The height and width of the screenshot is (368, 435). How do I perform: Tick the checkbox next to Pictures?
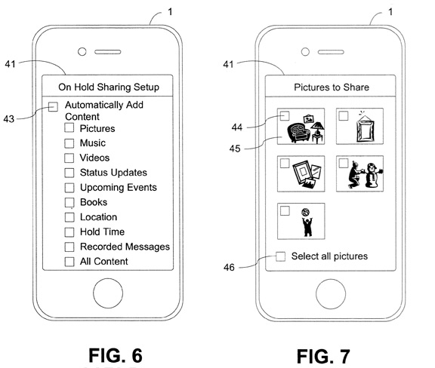point(69,127)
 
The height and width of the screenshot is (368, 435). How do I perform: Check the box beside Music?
point(69,143)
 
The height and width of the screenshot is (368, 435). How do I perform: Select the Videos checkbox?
point(69,158)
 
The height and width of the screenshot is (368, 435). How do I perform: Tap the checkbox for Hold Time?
point(69,232)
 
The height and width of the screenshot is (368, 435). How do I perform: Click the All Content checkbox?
point(69,262)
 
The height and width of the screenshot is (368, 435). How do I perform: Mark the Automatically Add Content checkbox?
point(53,106)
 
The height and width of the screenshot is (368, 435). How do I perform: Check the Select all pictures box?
point(280,256)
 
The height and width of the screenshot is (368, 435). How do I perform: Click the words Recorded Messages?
point(125,247)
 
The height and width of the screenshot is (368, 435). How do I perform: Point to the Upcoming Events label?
point(119,188)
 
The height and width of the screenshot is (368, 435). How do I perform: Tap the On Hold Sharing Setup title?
point(109,87)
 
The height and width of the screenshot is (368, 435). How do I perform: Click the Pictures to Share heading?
point(332,87)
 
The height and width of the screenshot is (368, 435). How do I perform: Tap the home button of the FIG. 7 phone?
point(331,294)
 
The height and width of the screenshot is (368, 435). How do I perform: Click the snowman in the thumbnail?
point(373,175)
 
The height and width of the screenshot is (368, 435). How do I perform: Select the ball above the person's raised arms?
point(306,212)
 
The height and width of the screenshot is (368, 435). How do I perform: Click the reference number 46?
point(229,268)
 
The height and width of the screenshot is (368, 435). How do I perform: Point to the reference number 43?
point(9,119)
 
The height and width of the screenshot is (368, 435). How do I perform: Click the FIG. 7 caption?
point(323,357)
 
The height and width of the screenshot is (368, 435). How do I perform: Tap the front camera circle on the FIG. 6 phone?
point(82,51)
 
